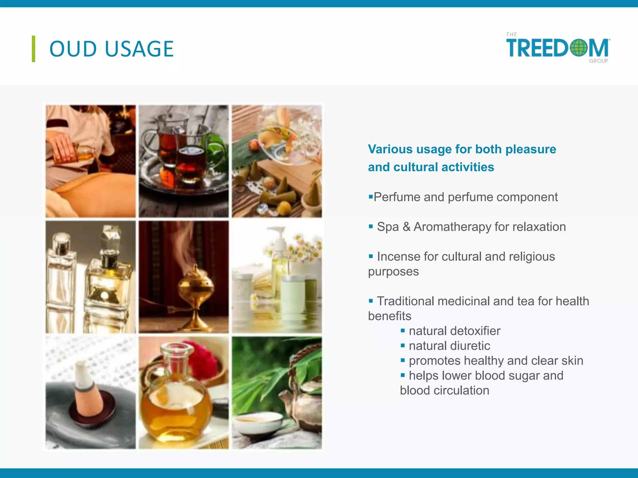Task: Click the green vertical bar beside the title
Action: coord(33,49)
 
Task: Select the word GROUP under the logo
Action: coord(598,61)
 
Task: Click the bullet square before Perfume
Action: coord(370,197)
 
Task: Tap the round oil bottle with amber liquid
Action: coord(176,405)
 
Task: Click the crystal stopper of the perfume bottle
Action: coord(110,235)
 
